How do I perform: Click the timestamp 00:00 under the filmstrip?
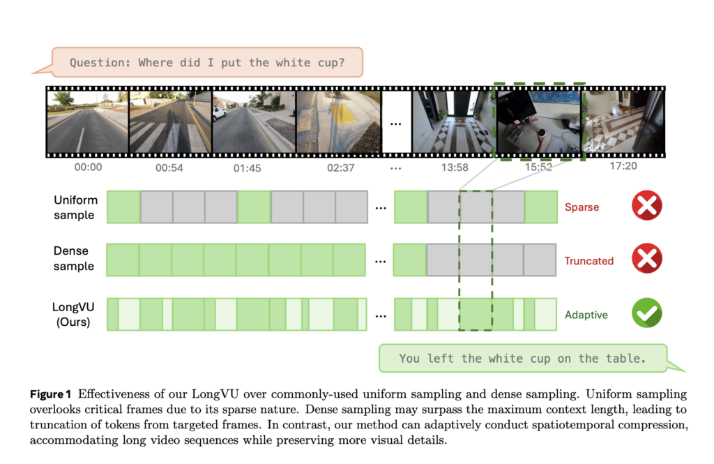tap(88, 167)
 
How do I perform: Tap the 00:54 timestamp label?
tap(169, 167)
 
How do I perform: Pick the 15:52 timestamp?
tap(538, 167)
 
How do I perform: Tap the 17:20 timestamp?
tap(622, 167)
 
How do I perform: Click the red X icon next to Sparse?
tap(646, 207)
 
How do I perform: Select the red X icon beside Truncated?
tap(646, 260)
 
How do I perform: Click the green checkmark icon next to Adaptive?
tap(646, 313)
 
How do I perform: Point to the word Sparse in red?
tap(582, 207)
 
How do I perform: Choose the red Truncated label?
tap(588, 261)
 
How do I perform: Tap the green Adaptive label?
tap(586, 314)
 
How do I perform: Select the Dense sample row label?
tap(74, 259)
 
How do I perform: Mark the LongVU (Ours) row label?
tap(73, 314)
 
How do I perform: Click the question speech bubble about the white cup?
tap(206, 63)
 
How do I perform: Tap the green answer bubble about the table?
tap(522, 358)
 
